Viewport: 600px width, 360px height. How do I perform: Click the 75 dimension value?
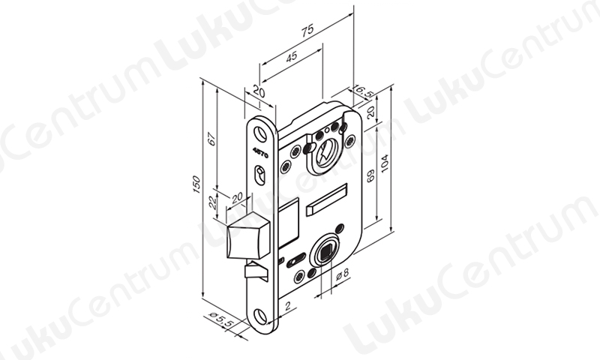pyautogui.click(x=307, y=30)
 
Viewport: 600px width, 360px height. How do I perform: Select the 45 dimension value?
pyautogui.click(x=292, y=56)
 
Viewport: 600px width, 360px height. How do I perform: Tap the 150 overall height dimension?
pyautogui.click(x=196, y=184)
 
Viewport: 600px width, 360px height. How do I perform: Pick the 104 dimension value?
pyautogui.click(x=385, y=163)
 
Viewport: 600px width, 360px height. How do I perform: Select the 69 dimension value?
pyautogui.click(x=370, y=176)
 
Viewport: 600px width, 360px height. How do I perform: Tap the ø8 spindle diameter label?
pyautogui.click(x=343, y=274)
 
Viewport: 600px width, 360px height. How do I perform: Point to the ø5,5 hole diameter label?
pyautogui.click(x=220, y=319)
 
